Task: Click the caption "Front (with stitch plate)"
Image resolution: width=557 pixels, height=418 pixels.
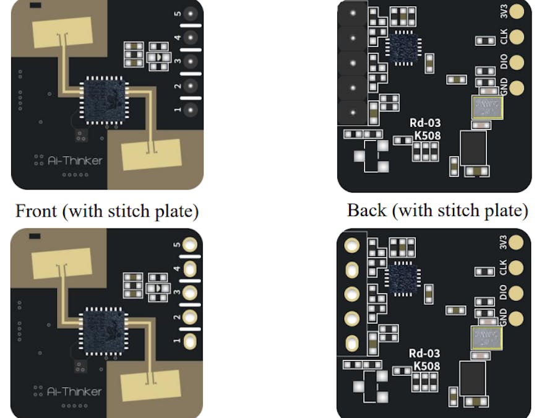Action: click(x=106, y=211)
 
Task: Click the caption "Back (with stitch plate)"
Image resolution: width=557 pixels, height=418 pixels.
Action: click(x=437, y=211)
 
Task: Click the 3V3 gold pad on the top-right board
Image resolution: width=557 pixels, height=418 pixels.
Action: click(x=516, y=11)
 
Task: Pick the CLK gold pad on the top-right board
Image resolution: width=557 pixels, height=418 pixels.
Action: click(x=516, y=37)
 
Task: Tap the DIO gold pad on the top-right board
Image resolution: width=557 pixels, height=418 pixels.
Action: click(x=516, y=62)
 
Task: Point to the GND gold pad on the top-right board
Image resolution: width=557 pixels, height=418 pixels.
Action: click(x=516, y=87)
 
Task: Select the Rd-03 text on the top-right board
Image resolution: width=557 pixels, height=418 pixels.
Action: click(x=425, y=123)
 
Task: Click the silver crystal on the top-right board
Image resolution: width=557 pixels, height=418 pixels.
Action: click(x=486, y=108)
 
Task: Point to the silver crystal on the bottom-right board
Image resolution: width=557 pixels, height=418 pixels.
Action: click(x=486, y=338)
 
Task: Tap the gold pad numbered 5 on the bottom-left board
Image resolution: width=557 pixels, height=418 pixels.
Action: click(x=191, y=245)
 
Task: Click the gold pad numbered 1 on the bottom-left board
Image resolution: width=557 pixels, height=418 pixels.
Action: click(x=191, y=341)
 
